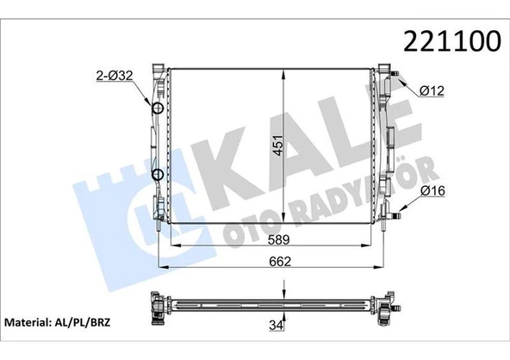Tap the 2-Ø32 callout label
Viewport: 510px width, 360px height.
[114, 76]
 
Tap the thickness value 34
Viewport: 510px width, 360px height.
[275, 326]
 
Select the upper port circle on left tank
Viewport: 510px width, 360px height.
[158, 109]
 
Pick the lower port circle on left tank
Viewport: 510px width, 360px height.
[158, 176]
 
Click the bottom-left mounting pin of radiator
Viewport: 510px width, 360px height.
[158, 230]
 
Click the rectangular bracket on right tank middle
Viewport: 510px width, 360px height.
[390, 139]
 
